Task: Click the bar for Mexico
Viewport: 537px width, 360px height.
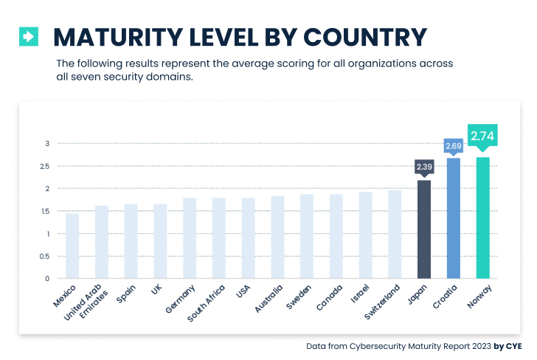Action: [x=72, y=246]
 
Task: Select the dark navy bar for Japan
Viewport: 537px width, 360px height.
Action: [x=424, y=229]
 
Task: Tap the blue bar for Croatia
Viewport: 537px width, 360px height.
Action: [x=454, y=218]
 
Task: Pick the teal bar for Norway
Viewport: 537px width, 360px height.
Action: [x=483, y=218]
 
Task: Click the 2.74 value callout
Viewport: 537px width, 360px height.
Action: [x=483, y=136]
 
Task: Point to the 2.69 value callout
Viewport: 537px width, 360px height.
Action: [x=454, y=146]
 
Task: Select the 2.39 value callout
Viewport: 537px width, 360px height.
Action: [x=424, y=167]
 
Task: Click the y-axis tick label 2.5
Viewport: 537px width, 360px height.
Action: [x=45, y=166]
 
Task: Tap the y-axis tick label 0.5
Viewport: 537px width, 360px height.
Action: [x=45, y=257]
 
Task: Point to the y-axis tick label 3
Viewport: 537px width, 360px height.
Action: [x=47, y=143]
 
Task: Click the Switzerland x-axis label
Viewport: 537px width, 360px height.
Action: [x=384, y=301]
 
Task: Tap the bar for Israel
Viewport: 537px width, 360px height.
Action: [x=366, y=235]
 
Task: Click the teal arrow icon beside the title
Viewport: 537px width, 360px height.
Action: [x=28, y=36]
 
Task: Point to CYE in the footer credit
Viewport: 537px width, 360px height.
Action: [x=514, y=346]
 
